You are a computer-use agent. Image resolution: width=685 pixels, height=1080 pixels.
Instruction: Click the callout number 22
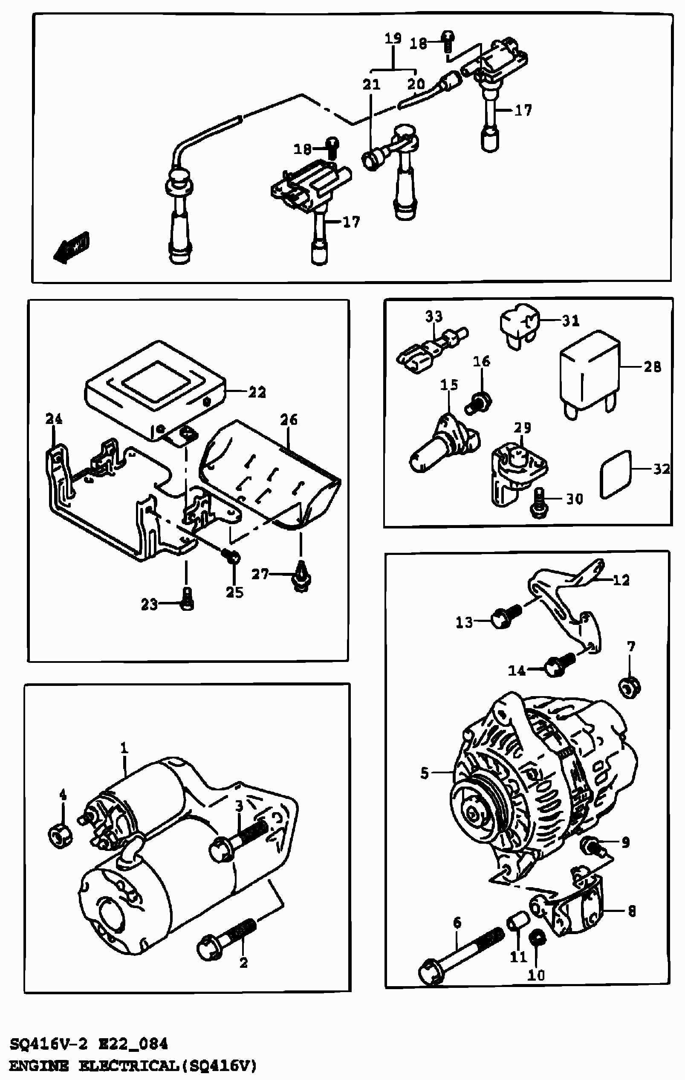tap(257, 392)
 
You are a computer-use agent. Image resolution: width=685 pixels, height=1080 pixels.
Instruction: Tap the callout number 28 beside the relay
tap(652, 367)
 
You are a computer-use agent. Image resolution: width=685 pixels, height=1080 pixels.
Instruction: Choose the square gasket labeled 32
tap(615, 474)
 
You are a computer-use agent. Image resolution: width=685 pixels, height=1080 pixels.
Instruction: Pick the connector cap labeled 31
tap(519, 322)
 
